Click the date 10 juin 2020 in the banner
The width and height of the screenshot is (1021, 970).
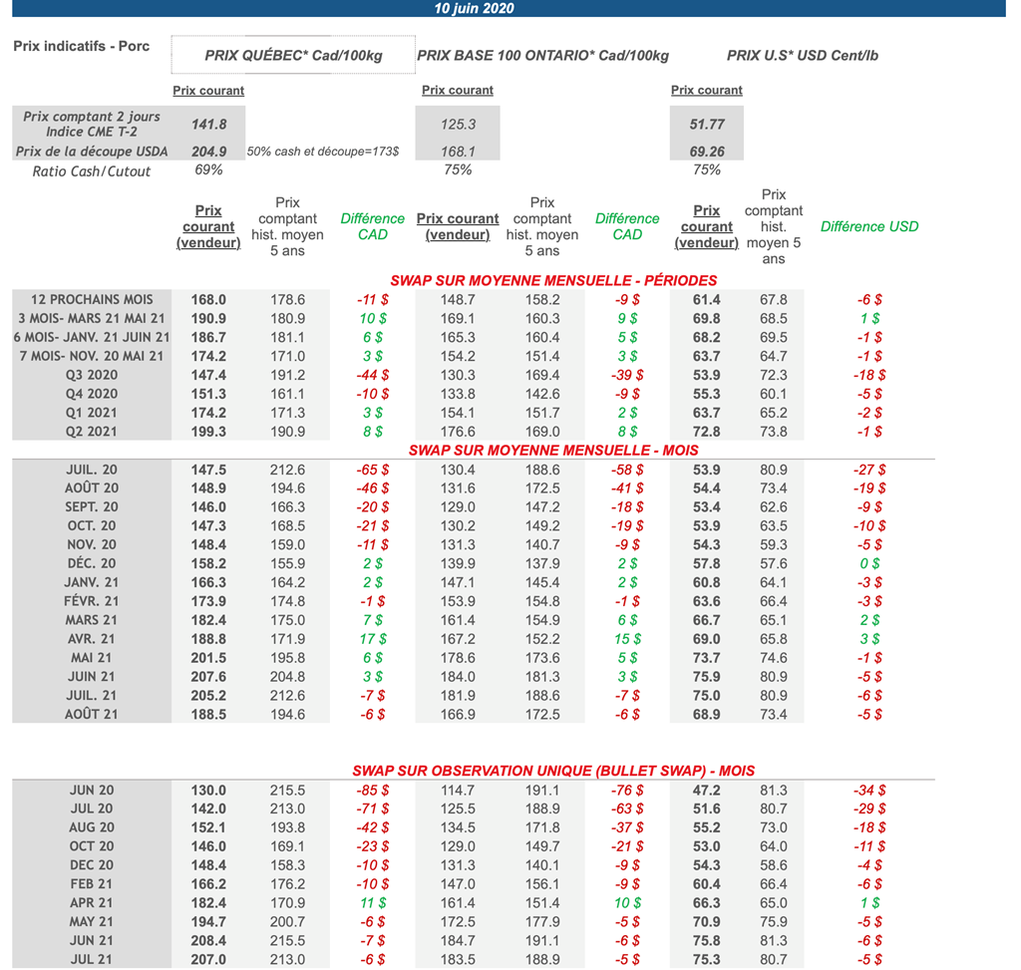[474, 9]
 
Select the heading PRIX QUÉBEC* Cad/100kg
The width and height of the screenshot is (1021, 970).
[293, 56]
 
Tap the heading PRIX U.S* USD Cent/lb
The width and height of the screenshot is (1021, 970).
[802, 56]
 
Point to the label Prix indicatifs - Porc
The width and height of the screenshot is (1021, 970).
[82, 47]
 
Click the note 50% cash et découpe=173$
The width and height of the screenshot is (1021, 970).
[323, 152]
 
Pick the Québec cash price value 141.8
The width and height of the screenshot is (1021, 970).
[208, 125]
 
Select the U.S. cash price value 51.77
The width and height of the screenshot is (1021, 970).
[706, 125]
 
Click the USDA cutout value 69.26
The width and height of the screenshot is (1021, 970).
[706, 152]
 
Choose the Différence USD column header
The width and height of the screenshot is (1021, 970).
[868, 226]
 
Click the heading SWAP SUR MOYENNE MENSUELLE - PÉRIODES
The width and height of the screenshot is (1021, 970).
[553, 280]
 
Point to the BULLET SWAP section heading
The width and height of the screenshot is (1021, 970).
[553, 771]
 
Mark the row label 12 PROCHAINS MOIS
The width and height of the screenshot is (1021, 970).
[92, 299]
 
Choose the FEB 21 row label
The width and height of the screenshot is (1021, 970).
[92, 884]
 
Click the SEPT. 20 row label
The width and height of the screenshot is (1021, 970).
[92, 506]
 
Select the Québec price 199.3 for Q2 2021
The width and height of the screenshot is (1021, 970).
[208, 432]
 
